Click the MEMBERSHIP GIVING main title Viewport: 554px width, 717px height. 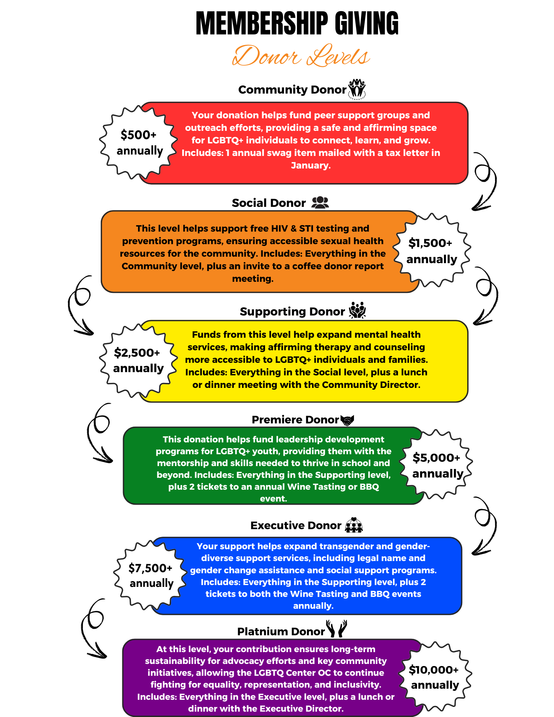point(297,24)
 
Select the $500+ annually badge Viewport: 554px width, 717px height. point(139,143)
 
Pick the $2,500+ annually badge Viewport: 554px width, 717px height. point(138,360)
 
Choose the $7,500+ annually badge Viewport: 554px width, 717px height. point(151,575)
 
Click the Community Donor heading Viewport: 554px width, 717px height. point(292,90)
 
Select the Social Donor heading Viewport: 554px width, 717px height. point(269,203)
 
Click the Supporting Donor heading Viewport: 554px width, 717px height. point(292,312)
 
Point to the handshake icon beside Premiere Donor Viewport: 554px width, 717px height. point(347,420)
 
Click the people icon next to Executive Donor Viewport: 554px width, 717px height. point(354,525)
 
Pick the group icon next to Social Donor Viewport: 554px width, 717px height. point(320,203)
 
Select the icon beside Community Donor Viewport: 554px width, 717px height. point(357,89)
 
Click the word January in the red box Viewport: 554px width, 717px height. point(310,165)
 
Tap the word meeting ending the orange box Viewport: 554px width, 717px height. point(252,279)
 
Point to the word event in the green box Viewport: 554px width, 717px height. point(273,498)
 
